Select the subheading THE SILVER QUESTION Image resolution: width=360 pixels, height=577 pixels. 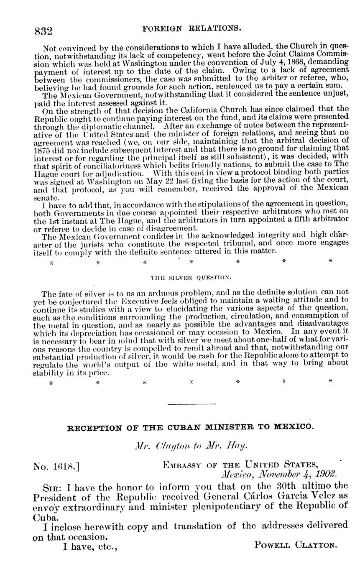coord(191,277)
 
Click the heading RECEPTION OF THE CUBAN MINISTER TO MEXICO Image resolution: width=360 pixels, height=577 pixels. coord(190,427)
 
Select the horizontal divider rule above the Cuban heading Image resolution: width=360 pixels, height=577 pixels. coord(191,403)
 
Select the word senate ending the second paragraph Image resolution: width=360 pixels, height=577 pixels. coord(44,197)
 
